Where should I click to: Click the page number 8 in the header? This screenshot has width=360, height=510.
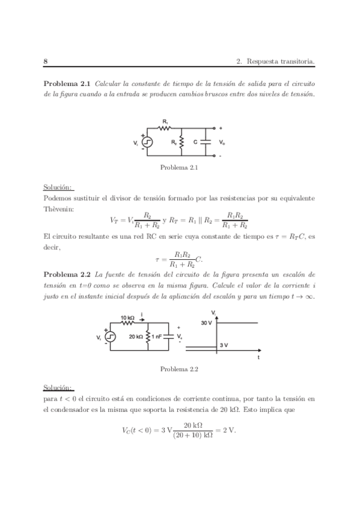46,61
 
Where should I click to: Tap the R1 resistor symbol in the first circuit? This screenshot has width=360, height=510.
165,128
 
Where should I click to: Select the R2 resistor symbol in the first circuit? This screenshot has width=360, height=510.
182,143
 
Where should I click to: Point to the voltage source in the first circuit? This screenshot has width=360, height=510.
147,143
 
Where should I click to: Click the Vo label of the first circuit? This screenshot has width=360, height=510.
222,143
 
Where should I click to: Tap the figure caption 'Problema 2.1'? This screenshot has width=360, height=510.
179,168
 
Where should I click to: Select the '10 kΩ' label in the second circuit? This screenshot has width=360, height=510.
128,317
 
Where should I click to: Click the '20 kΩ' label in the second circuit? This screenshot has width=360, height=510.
135,337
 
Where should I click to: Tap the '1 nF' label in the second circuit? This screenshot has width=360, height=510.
158,337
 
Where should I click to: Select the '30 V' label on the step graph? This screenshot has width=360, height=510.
206,323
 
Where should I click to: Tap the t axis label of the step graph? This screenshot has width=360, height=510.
258,357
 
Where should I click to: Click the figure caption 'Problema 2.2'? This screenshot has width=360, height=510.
179,369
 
